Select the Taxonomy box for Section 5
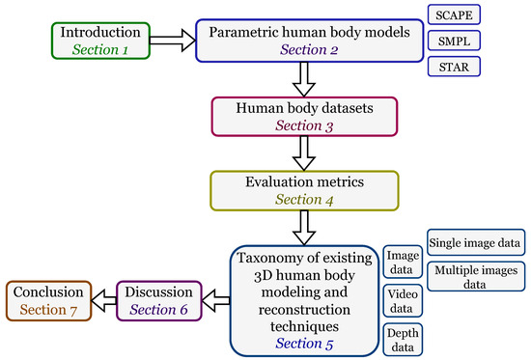(305, 299)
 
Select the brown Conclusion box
(48, 299)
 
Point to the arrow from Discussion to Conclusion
(104, 299)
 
